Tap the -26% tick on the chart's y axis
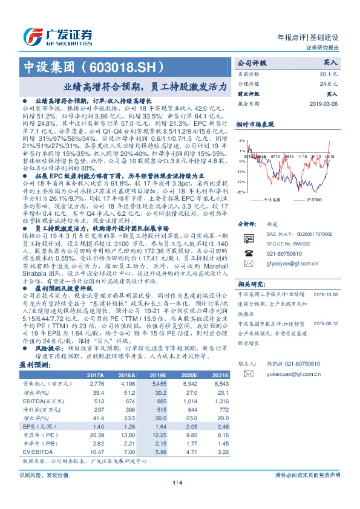(241, 192)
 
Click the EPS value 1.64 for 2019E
(159, 427)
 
